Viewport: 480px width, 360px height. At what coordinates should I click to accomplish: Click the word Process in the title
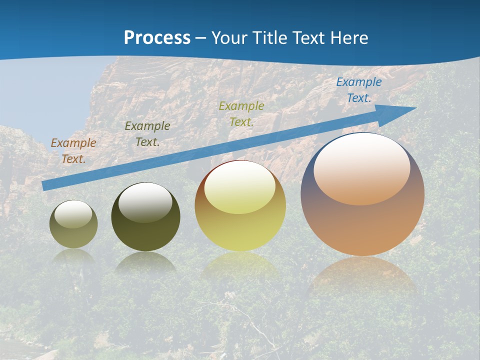click(x=157, y=38)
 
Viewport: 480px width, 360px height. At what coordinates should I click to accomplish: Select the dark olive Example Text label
click(x=147, y=133)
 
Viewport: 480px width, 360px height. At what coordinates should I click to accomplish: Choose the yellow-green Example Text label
click(x=241, y=113)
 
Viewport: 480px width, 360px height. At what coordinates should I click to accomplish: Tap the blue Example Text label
click(x=359, y=90)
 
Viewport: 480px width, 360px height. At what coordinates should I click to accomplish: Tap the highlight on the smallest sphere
click(x=73, y=214)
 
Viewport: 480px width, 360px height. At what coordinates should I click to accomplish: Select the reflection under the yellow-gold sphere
click(x=240, y=266)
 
